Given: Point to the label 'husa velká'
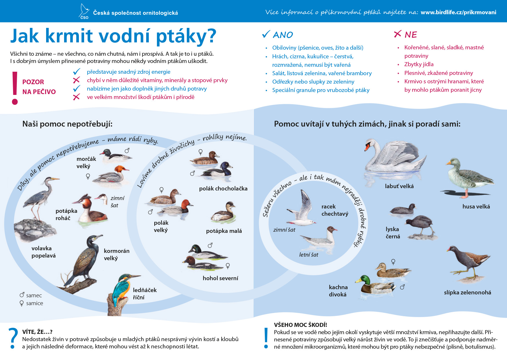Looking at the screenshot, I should point(476,206).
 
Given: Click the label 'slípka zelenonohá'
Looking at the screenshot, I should point(467,292).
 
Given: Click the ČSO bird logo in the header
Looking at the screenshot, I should point(84,11).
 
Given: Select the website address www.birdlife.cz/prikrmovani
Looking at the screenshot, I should point(458,12).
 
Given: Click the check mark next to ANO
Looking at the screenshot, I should point(266,34).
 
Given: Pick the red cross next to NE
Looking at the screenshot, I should point(398,34).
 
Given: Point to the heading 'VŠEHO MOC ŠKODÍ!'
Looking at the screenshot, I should point(300,325).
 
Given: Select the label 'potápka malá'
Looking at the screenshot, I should point(224,231).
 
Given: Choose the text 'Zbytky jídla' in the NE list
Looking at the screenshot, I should point(419,64).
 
